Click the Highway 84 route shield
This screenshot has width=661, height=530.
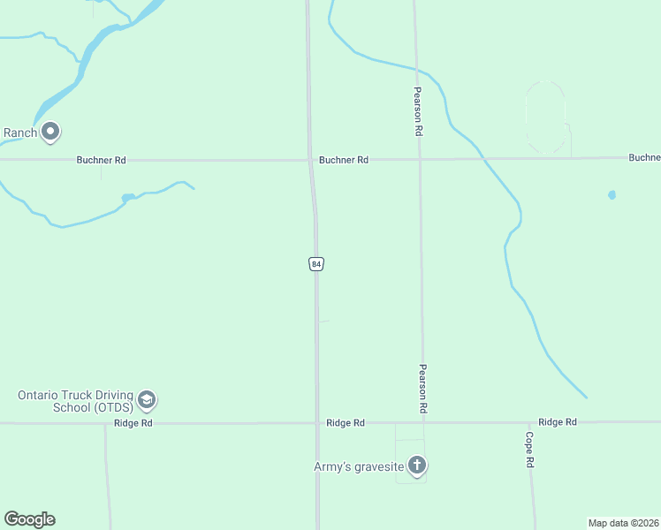tap(316, 263)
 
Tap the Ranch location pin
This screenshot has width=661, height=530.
tap(50, 132)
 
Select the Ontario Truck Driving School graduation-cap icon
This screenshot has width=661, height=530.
tap(147, 401)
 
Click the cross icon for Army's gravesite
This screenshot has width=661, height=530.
tap(417, 466)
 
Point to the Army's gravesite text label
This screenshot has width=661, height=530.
tap(359, 466)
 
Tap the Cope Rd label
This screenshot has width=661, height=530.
tap(529, 450)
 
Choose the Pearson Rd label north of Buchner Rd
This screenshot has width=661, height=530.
tap(418, 110)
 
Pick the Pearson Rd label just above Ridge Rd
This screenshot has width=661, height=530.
tap(423, 390)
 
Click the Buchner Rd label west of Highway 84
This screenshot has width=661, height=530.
tap(101, 161)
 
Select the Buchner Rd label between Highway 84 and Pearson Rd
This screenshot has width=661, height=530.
tap(344, 161)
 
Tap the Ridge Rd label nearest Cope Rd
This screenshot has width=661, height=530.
tap(557, 422)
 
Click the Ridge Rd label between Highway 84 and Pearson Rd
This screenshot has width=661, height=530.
tap(345, 423)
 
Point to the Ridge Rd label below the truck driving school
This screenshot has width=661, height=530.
tap(133, 424)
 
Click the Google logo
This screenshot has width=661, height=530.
tap(29, 519)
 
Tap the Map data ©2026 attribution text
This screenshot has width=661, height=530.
tap(623, 523)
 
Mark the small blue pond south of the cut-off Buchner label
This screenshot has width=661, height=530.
tap(612, 194)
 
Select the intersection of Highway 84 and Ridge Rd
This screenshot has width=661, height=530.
tap(317, 423)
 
